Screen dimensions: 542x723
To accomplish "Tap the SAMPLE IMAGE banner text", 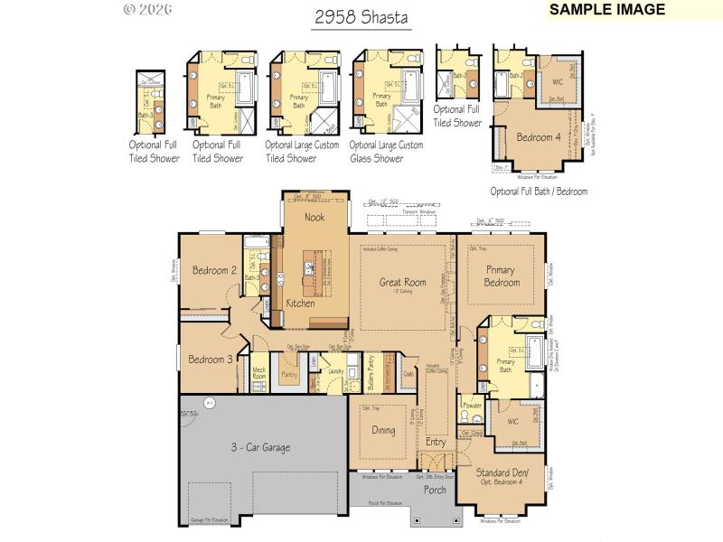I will click(x=607, y=10).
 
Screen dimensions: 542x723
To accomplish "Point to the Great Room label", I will click(x=402, y=283).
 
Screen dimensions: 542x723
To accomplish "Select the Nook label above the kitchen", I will click(x=315, y=217).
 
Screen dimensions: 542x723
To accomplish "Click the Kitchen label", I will click(x=301, y=304).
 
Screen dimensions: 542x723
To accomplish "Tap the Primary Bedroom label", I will click(x=502, y=276).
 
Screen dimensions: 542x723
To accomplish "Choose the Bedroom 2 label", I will click(x=214, y=269).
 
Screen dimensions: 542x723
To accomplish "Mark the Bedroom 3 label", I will click(x=211, y=360).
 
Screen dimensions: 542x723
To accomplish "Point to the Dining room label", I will click(x=383, y=430).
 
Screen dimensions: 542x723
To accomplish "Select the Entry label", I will click(x=436, y=442).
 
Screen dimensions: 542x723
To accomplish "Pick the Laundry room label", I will click(x=336, y=371).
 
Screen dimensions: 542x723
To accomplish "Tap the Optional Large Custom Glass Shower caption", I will click(x=386, y=152).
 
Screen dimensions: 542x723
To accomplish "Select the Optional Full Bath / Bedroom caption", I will click(x=539, y=192).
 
